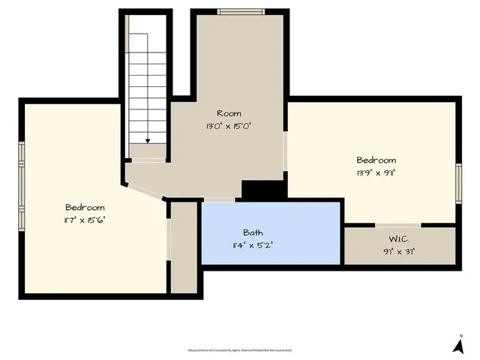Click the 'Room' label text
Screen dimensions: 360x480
[229, 113]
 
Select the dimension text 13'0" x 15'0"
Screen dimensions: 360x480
[229, 126]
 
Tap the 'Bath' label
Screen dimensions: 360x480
[253, 232]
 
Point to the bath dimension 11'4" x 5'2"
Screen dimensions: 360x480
[253, 244]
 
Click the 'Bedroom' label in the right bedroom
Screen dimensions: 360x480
[376, 160]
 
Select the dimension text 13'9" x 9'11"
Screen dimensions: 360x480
[376, 172]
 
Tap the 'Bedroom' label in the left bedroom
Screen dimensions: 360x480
[85, 207]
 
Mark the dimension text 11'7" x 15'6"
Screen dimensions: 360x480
[85, 220]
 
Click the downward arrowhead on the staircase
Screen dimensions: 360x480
[148, 139]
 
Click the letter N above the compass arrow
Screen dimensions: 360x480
[460, 334]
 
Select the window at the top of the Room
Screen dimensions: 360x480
[240, 11]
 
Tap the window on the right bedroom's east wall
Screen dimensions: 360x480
[458, 182]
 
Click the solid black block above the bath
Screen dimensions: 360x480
[263, 190]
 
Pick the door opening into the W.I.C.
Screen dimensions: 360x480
[397, 224]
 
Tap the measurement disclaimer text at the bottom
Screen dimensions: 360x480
[240, 350]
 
